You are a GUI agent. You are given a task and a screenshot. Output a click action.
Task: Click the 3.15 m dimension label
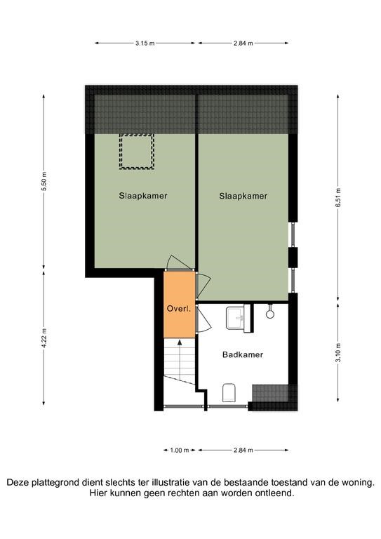145,44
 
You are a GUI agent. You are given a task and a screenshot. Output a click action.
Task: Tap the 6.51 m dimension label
338,198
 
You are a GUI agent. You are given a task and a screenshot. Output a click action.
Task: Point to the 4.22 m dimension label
44,338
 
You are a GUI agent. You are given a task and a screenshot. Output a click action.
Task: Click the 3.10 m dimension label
338,353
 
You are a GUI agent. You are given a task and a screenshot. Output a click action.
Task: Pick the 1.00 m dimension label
180,450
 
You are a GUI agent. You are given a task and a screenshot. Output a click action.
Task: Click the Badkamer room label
243,354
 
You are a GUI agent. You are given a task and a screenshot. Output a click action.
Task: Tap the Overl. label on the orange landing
179,309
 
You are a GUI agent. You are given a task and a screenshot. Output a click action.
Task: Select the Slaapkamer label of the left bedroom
143,196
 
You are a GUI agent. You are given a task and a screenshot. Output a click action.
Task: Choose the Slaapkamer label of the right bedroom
243,196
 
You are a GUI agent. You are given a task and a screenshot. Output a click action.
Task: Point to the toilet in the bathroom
229,392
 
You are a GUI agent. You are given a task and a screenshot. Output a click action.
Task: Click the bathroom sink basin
235,318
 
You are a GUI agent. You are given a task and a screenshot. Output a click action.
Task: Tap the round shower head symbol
270,314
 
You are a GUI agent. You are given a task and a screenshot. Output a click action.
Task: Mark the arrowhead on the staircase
180,342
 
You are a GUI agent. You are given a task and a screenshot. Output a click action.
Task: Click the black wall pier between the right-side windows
293,256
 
